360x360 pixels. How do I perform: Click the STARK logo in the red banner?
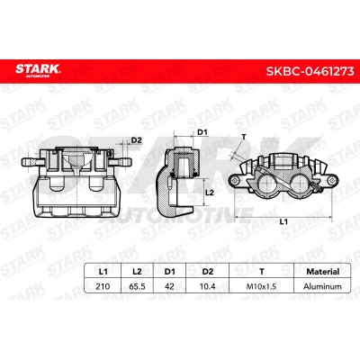pyautogui.click(x=38, y=70)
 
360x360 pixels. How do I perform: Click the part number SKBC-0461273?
pyautogui.click(x=310, y=72)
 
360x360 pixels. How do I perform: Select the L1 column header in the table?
pyautogui.click(x=103, y=272)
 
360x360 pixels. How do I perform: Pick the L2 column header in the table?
pyautogui.click(x=137, y=272)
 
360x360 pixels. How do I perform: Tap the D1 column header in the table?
pyautogui.click(x=169, y=272)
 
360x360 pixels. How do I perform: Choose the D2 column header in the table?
pyautogui.click(x=208, y=272)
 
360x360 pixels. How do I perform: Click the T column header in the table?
pyautogui.click(x=262, y=272)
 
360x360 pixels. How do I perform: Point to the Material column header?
pyautogui.click(x=322, y=272)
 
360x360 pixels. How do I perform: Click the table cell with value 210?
pyautogui.click(x=103, y=286)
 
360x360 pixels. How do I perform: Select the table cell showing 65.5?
pyautogui.click(x=137, y=286)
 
